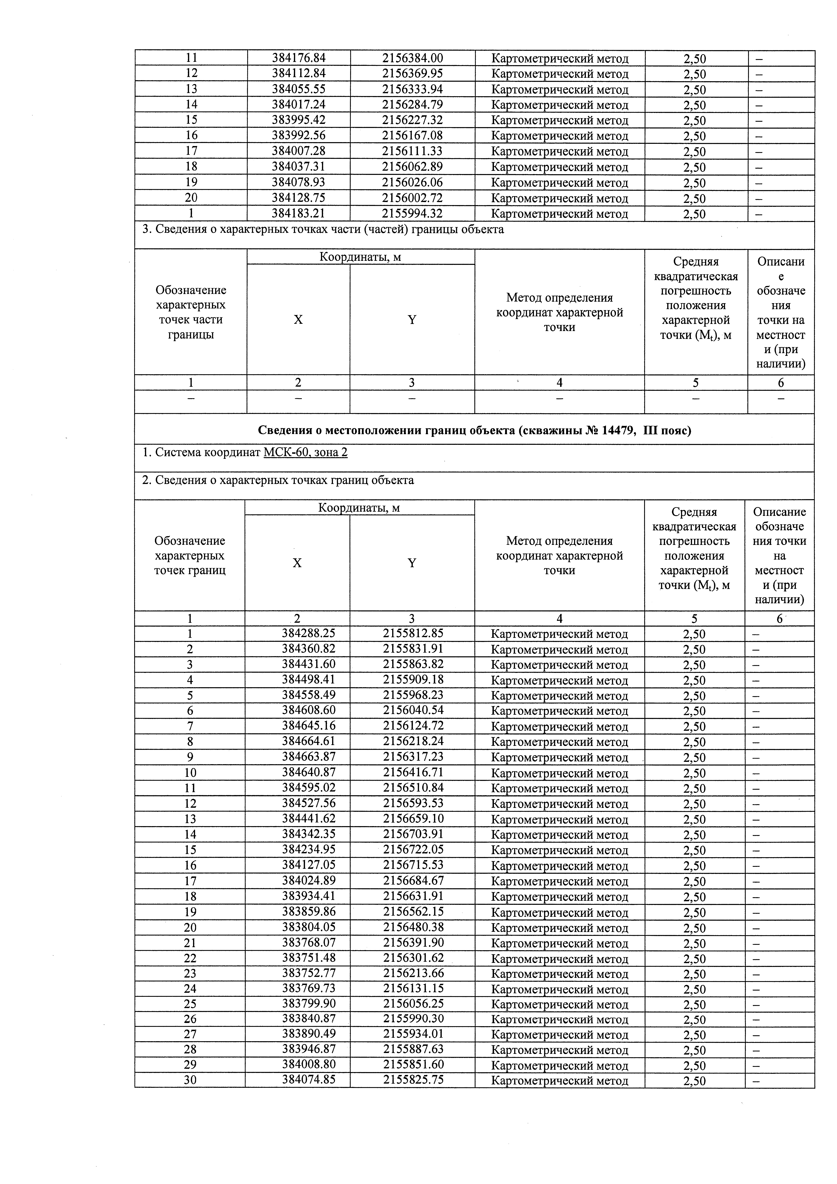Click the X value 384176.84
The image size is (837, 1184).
pyautogui.click(x=298, y=58)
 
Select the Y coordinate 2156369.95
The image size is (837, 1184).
pyautogui.click(x=412, y=74)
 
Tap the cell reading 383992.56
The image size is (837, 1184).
pyautogui.click(x=298, y=136)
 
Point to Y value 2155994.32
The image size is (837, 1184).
pyautogui.click(x=412, y=214)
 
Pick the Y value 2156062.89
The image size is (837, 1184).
pyautogui.click(x=412, y=167)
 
